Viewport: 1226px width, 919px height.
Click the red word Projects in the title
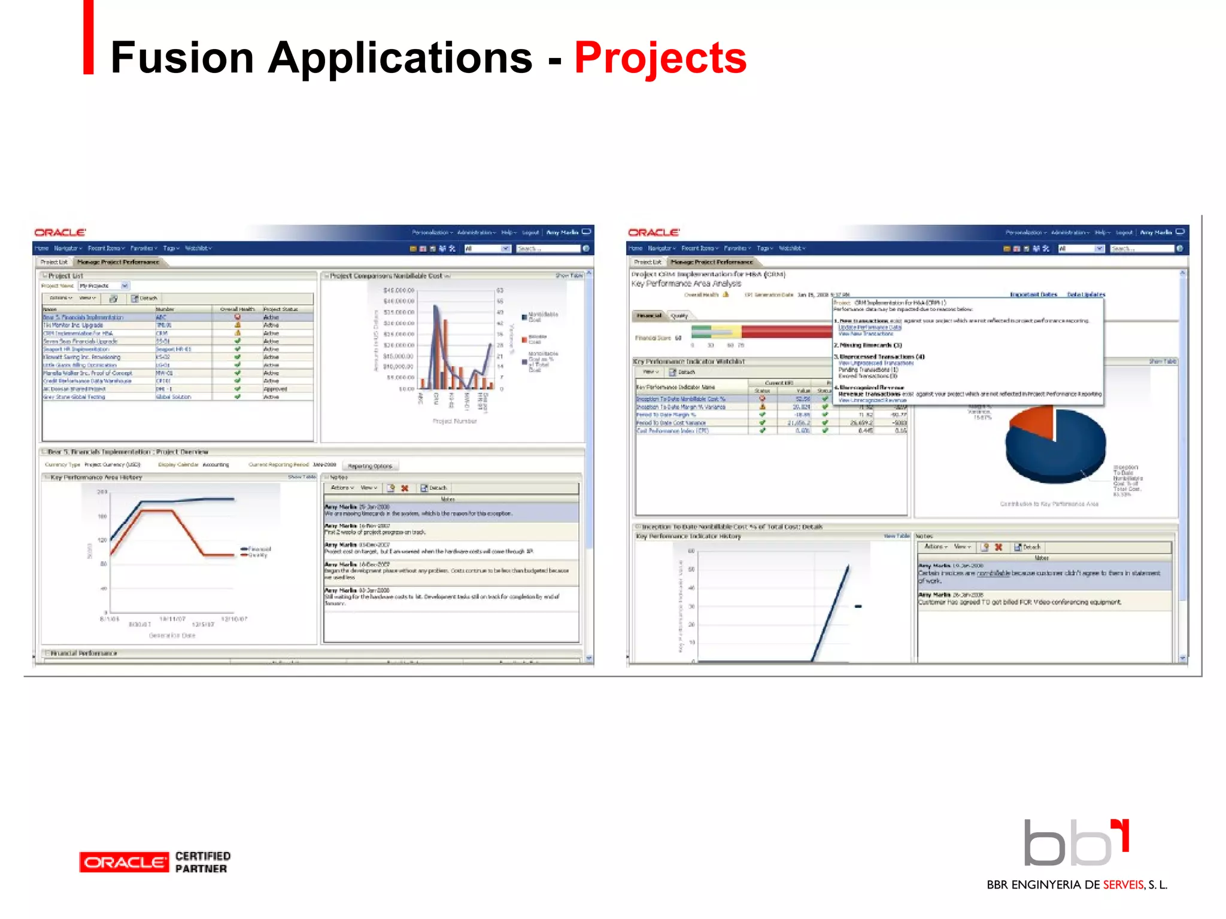point(660,58)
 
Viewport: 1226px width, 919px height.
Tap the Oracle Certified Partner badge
point(154,862)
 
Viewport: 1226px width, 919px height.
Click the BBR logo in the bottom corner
point(1076,843)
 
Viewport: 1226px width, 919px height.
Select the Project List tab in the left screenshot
point(54,262)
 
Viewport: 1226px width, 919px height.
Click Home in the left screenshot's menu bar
point(41,248)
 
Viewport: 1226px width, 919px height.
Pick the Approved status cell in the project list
point(275,389)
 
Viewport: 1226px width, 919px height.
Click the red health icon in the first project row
point(238,317)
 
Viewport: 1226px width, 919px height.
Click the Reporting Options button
point(370,466)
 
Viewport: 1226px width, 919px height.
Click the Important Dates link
point(1033,294)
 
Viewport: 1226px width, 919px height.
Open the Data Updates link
point(1086,294)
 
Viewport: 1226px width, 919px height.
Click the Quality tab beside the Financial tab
point(679,315)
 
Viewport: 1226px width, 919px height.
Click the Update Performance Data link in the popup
point(869,327)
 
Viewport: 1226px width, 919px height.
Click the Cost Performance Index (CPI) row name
point(672,431)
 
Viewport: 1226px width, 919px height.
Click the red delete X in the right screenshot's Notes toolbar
point(999,547)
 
